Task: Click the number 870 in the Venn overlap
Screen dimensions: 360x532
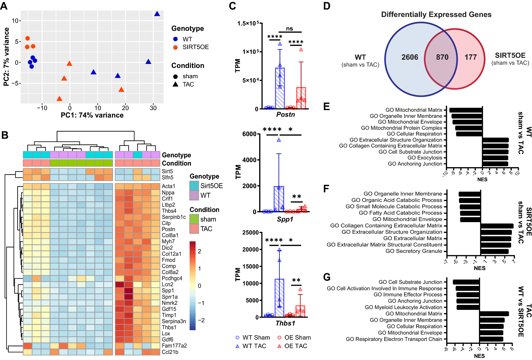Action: (x=442, y=57)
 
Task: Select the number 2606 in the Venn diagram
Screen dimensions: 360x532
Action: (x=409, y=57)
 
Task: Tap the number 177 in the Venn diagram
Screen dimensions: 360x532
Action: (x=470, y=57)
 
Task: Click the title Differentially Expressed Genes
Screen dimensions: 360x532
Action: (x=436, y=15)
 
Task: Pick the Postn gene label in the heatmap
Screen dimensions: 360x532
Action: (x=168, y=229)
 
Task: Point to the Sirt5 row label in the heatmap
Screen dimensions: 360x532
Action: (x=167, y=171)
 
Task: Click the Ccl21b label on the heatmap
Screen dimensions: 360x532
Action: (x=170, y=352)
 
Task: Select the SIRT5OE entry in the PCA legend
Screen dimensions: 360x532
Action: (x=195, y=47)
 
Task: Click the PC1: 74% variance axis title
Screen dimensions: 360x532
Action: (x=92, y=115)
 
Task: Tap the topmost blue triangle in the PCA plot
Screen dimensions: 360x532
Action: (x=157, y=14)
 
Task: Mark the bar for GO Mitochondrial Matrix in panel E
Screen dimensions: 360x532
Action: (x=466, y=110)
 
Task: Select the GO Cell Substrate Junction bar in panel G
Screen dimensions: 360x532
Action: (x=466, y=282)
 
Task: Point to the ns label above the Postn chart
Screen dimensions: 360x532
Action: (x=289, y=29)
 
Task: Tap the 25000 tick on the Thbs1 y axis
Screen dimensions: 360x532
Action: (x=250, y=233)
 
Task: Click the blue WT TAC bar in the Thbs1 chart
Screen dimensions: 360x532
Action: (x=279, y=298)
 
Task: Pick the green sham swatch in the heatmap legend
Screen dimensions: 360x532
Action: (x=194, y=219)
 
